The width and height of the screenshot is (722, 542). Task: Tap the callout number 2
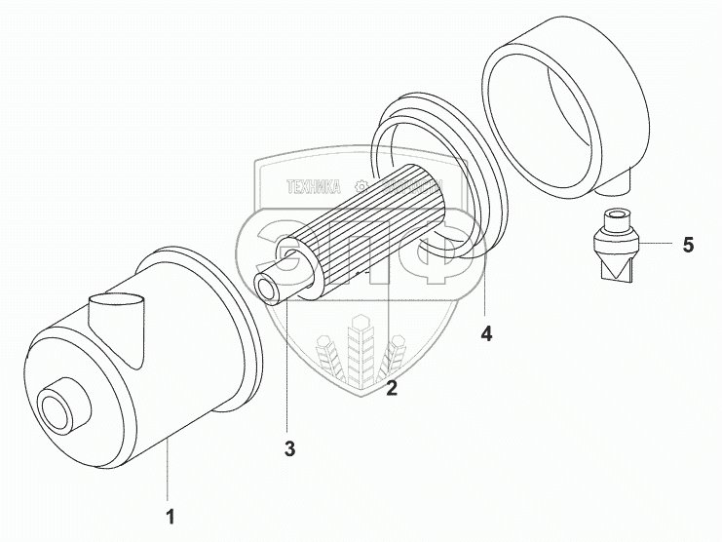coord(392,389)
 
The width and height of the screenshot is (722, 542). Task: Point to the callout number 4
coord(486,333)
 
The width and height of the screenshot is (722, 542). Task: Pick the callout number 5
coord(688,245)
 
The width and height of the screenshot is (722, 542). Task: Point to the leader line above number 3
coord(288,370)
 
